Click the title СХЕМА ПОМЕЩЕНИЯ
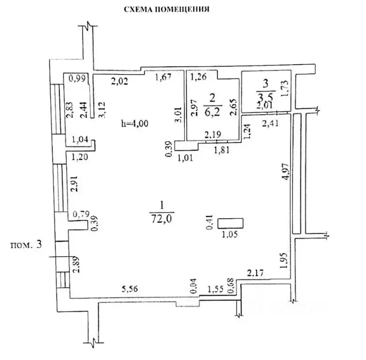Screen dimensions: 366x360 pos(167,9)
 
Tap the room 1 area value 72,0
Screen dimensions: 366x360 pos(161,219)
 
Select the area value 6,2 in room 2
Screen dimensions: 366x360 pos(213,113)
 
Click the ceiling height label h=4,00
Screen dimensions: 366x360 pos(135,123)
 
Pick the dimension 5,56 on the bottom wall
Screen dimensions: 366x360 pos(130,289)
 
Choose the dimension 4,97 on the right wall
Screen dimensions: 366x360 pos(286,171)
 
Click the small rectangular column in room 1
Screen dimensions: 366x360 pos(230,223)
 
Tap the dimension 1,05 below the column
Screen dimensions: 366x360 pos(229,234)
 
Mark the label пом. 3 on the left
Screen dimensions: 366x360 pos(26,245)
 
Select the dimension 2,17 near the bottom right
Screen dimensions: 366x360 pos(255,273)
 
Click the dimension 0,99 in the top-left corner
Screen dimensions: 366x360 pos(77,79)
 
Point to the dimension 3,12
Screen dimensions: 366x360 pos(102,110)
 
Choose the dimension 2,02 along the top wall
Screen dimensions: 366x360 pos(120,81)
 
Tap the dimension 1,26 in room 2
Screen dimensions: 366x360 pos(198,77)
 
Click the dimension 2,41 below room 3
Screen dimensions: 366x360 pos(270,123)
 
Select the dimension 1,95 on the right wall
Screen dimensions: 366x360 pos(283,260)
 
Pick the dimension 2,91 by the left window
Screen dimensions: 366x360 pos(74,184)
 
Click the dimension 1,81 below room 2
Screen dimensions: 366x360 pos(222,150)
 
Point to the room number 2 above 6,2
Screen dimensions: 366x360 pos(212,99)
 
